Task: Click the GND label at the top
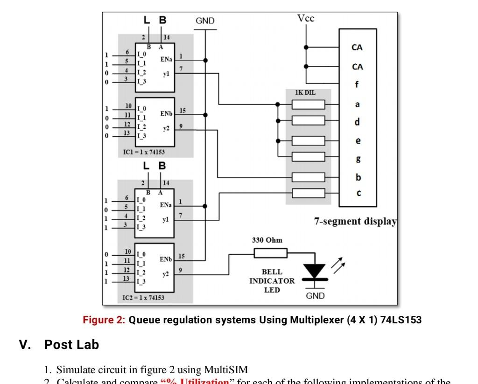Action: click(205, 21)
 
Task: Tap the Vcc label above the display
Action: click(306, 18)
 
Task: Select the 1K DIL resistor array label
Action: click(305, 93)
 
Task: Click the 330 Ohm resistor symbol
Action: click(270, 253)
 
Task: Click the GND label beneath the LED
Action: click(315, 296)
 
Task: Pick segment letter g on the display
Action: click(357, 159)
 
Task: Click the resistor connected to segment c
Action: click(308, 193)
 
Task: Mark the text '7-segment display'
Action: click(355, 222)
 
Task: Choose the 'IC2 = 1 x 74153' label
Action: click(143, 297)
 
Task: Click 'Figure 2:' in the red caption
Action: click(104, 321)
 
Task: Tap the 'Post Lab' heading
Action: click(71, 345)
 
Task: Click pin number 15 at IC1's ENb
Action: click(183, 111)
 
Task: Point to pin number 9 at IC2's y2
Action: click(180, 271)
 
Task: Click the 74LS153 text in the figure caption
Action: click(401, 321)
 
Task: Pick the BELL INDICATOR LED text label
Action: click(272, 280)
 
